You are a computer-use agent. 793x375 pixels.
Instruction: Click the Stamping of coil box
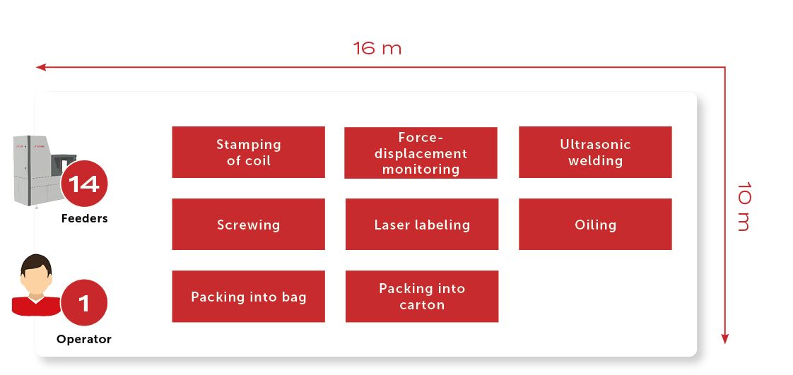[248, 152]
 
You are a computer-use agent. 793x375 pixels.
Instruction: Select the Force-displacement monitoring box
[421, 153]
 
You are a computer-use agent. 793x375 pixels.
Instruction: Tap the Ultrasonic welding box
[595, 152]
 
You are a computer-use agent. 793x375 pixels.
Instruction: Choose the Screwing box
[248, 225]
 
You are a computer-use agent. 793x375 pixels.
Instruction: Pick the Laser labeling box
[422, 225]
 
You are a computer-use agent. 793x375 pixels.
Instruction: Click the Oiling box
[595, 225]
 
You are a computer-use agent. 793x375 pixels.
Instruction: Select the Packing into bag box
[248, 296]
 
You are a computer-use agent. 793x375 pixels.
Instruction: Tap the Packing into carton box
[422, 296]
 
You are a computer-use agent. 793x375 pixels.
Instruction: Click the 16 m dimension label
[377, 49]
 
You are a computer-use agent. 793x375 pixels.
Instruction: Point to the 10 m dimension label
[744, 206]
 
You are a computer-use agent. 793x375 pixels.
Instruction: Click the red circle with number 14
[84, 184]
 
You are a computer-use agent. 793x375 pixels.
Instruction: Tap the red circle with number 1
[84, 303]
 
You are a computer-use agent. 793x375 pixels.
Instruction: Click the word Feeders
[84, 219]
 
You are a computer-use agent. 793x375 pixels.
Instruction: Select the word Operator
[84, 339]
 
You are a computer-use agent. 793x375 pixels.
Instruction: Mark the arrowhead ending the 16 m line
[40, 66]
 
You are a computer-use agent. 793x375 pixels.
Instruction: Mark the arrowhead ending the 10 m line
[724, 339]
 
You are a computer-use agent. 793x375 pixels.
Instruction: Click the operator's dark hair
[35, 263]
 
